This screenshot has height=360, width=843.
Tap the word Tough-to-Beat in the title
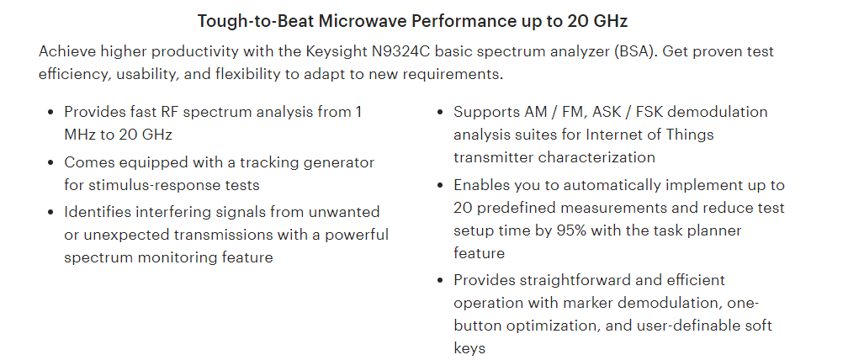pyautogui.click(x=256, y=22)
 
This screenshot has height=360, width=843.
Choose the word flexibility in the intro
pyautogui.click(x=248, y=74)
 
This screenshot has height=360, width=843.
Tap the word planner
pyautogui.click(x=714, y=231)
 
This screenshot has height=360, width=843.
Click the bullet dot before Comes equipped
pyautogui.click(x=51, y=163)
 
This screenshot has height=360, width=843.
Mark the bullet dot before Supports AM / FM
pyautogui.click(x=440, y=113)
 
